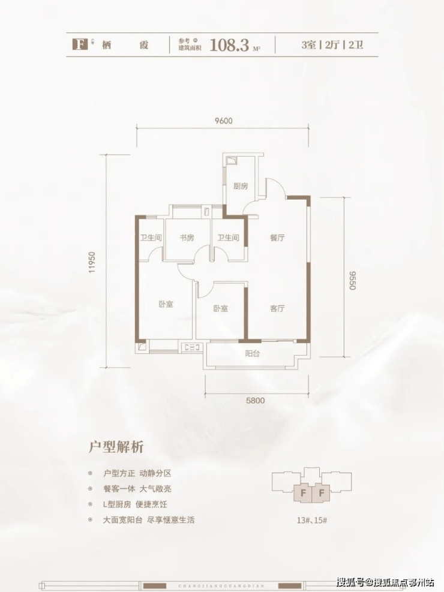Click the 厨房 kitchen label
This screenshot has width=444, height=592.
coord(240,187)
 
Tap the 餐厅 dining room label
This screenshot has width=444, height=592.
coord(277,238)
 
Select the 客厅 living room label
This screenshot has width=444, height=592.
coord(277,309)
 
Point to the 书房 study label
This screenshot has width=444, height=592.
coord(187,238)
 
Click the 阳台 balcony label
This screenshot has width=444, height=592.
coord(253,354)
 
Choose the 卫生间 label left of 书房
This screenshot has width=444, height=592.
coord(151,238)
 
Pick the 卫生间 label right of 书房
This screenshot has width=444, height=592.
coord(229,238)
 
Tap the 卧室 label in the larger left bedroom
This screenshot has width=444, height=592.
coord(166,305)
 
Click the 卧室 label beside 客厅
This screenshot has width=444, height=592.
coord(220,309)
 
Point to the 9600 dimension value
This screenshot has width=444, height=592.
coord(223,121)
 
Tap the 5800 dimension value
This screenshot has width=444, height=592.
coord(255,400)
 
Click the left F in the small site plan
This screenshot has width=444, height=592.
coord(303,492)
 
